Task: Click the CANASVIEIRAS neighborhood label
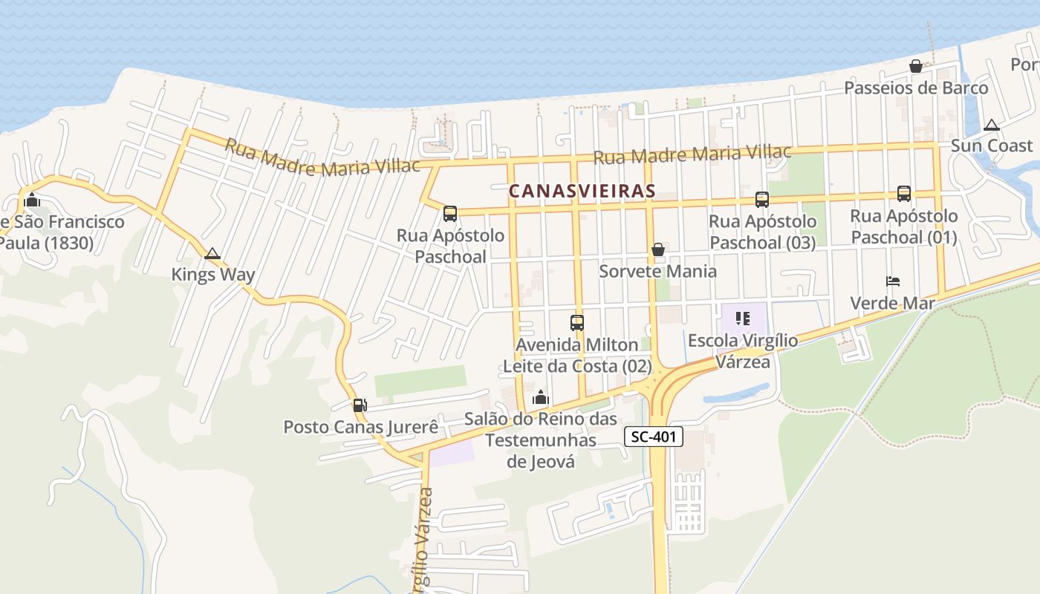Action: (x=582, y=191)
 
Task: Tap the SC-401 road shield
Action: (x=654, y=437)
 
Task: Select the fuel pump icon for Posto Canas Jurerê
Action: (x=360, y=405)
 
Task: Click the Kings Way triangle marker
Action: (x=212, y=254)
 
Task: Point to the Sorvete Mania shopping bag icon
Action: (x=657, y=249)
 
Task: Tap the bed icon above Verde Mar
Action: (x=893, y=281)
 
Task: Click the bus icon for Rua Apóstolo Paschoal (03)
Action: (x=762, y=199)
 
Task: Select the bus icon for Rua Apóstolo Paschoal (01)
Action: (x=904, y=194)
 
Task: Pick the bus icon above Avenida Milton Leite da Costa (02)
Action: (x=577, y=323)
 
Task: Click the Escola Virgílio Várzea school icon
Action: (x=742, y=319)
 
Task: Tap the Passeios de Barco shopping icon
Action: (x=916, y=66)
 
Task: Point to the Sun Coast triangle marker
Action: (x=992, y=125)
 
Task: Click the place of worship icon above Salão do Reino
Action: (x=541, y=397)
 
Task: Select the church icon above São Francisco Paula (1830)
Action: (x=31, y=200)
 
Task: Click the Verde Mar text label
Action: (x=892, y=303)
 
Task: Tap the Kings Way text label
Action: (x=213, y=275)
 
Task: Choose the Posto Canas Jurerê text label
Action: (x=361, y=428)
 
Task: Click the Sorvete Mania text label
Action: (x=658, y=271)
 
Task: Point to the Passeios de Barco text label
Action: (x=916, y=88)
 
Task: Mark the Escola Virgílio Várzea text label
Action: (x=743, y=351)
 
